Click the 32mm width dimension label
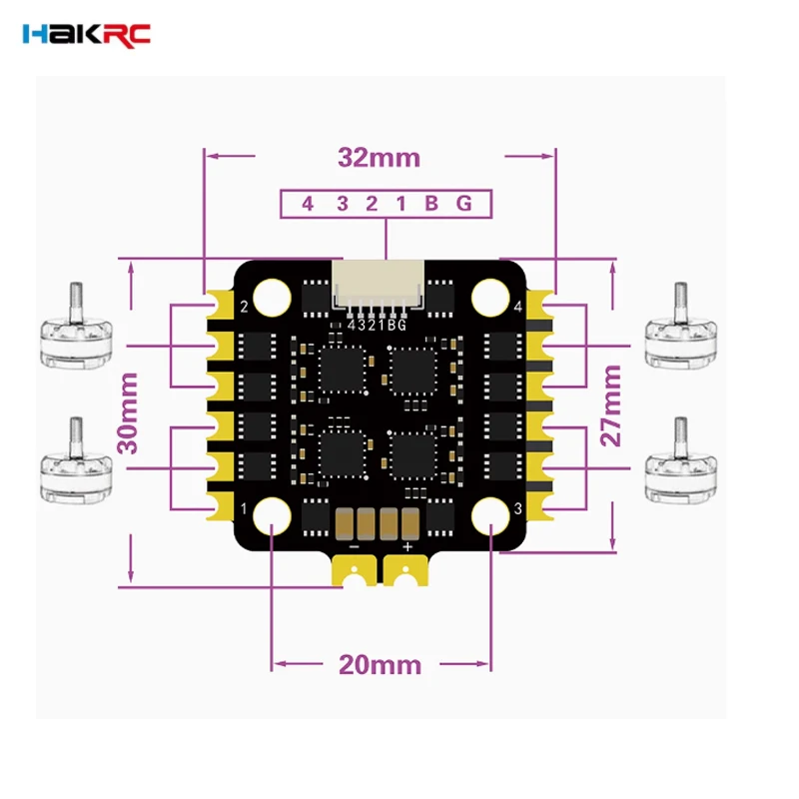tap(379, 157)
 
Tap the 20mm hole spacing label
tap(380, 664)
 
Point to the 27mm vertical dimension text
tap(611, 405)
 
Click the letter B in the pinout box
tap(431, 204)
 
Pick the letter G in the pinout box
tap(463, 204)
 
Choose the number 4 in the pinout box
tap(308, 204)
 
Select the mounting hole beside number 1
tap(272, 514)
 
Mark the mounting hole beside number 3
tap(488, 514)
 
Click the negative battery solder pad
tap(354, 571)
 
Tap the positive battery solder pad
tap(406, 571)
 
